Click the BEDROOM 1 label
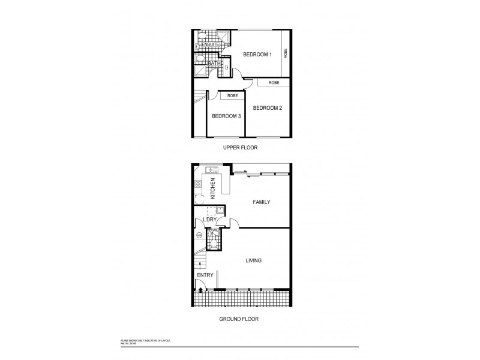tap(257, 55)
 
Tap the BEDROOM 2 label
tap(267, 108)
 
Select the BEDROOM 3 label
tap(226, 116)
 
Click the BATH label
tap(213, 63)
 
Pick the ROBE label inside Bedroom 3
tap(232, 95)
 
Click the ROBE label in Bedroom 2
tap(274, 82)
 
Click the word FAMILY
tap(261, 202)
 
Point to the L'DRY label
tap(209, 220)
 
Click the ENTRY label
tap(205, 275)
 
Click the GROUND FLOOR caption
tap(239, 319)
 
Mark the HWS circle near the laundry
tap(198, 235)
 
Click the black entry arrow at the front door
tap(199, 291)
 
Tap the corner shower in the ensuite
tap(222, 35)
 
